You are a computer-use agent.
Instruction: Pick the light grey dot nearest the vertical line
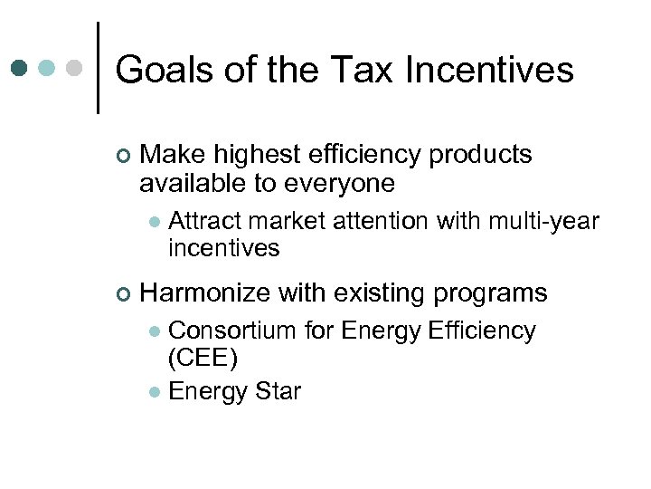pyautogui.click(x=75, y=68)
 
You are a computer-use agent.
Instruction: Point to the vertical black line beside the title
pyautogui.click(x=98, y=68)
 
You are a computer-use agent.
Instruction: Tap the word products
pyautogui.click(x=480, y=155)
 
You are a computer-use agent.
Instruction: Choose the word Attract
pyautogui.click(x=204, y=221)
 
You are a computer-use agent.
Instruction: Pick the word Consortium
pyautogui.click(x=232, y=331)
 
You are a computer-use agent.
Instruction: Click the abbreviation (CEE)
pyautogui.click(x=203, y=359)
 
